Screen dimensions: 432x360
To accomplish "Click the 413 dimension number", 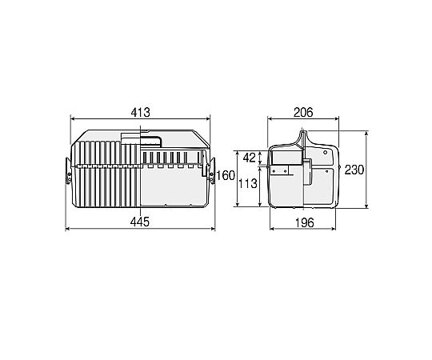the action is point(141,112).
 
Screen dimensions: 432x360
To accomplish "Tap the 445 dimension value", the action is point(140,222).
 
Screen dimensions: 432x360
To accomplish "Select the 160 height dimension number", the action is point(226,175).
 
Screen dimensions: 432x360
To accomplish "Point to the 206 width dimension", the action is point(303,112).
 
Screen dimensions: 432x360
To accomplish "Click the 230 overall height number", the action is point(354,170).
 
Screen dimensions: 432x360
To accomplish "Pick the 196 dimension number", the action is point(304,222).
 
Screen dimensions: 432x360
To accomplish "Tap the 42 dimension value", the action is point(250,158).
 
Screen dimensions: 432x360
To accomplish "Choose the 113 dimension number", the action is point(248,183).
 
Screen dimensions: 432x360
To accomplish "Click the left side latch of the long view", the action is point(68,170).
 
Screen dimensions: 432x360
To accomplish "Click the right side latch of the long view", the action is point(212,170).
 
